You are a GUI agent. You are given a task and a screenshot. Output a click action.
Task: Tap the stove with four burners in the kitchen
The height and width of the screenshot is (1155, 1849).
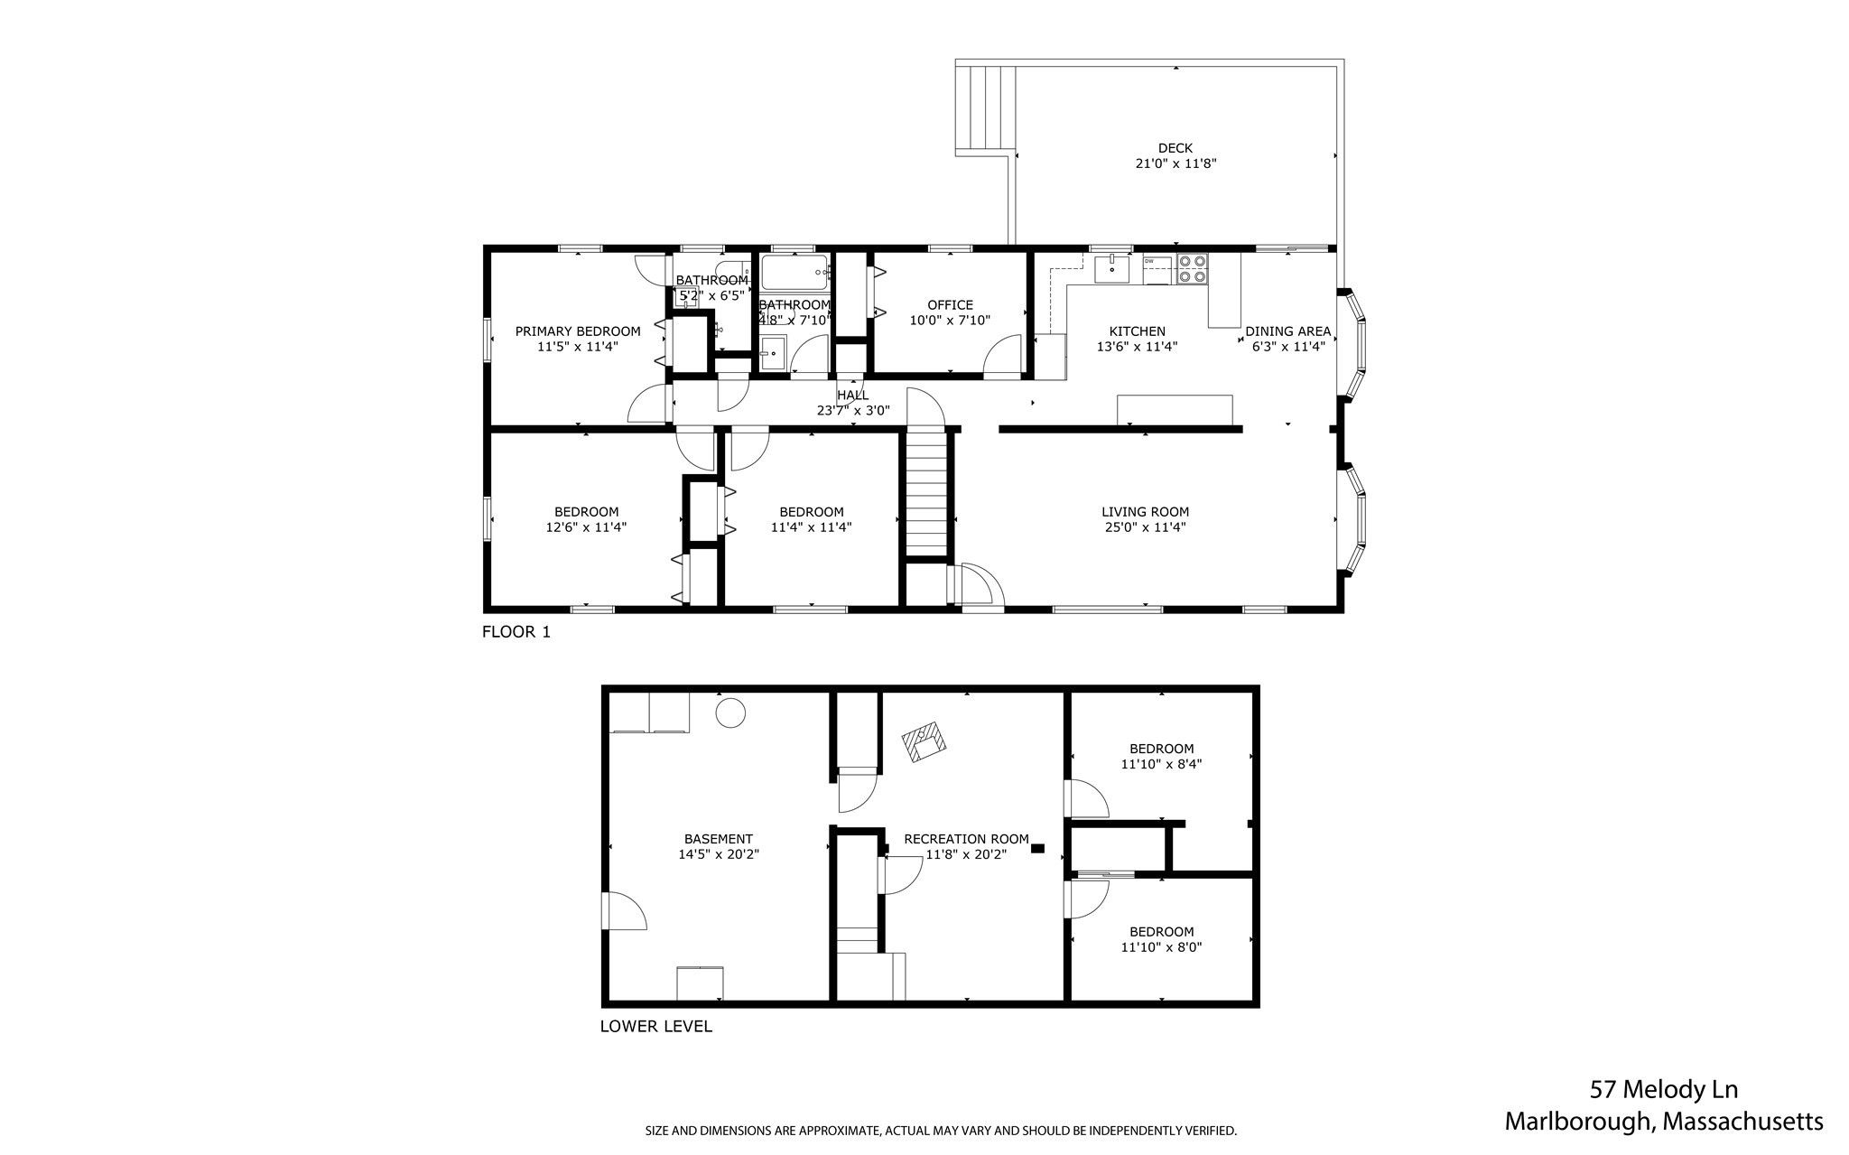pyautogui.click(x=1192, y=269)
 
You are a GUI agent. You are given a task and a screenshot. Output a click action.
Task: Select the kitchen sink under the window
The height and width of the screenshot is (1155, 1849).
pyautogui.click(x=1112, y=268)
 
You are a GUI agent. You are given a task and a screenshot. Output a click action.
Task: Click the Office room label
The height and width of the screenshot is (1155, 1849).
pyautogui.click(x=950, y=305)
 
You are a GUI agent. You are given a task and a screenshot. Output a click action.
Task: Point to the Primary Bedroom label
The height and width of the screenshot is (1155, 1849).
pyautogui.click(x=578, y=331)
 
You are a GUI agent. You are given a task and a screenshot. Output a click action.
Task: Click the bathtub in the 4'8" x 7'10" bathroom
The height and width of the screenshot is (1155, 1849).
pyautogui.click(x=794, y=271)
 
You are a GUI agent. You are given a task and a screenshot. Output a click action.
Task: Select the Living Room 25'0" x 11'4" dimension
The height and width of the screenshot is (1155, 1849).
pyautogui.click(x=1145, y=527)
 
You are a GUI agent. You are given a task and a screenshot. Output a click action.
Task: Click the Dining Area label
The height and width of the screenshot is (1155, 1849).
pyautogui.click(x=1287, y=331)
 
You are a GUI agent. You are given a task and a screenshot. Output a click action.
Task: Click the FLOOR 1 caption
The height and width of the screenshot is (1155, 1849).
pyautogui.click(x=516, y=632)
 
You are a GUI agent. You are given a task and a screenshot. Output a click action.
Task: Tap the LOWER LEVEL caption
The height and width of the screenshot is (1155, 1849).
pyautogui.click(x=655, y=1027)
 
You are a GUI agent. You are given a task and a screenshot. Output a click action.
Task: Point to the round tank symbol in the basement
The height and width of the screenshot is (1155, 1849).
pyautogui.click(x=730, y=713)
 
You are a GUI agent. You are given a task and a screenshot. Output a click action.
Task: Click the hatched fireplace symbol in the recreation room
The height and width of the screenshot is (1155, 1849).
pyautogui.click(x=924, y=741)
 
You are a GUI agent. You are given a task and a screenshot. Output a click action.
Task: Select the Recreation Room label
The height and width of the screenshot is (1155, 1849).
pyautogui.click(x=966, y=839)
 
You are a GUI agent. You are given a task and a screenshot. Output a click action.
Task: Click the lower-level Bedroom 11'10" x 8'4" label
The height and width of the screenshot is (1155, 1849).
pyautogui.click(x=1161, y=749)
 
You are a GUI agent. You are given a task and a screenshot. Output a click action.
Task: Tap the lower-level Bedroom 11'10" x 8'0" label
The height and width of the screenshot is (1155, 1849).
pyautogui.click(x=1161, y=932)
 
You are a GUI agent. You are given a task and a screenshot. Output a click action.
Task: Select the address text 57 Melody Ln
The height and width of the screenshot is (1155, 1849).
pyautogui.click(x=1663, y=1090)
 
